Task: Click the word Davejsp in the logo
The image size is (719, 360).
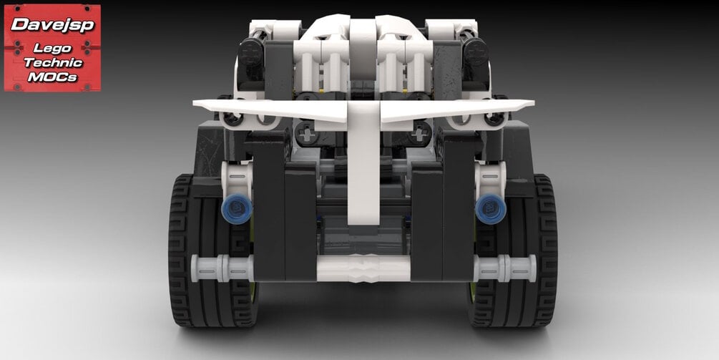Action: pyautogui.click(x=52, y=24)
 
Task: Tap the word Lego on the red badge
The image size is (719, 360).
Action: pyautogui.click(x=52, y=49)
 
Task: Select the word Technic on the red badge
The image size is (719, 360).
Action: pyautogui.click(x=52, y=62)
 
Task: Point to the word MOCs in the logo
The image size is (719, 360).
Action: pyautogui.click(x=52, y=77)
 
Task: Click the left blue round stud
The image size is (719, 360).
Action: pyautogui.click(x=237, y=209)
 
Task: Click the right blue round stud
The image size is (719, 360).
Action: pyautogui.click(x=491, y=209)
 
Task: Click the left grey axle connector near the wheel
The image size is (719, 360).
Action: pyautogui.click(x=222, y=268)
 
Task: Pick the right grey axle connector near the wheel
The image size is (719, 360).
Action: pyautogui.click(x=504, y=268)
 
